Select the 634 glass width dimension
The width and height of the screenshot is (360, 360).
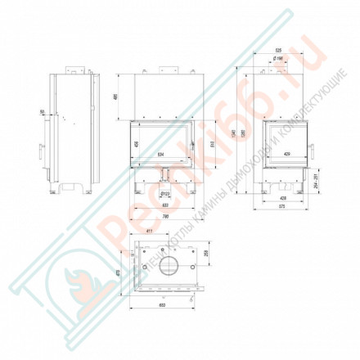(x=160, y=152)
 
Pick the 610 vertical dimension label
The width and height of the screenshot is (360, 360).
(x=214, y=145)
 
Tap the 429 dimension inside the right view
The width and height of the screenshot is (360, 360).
(x=286, y=153)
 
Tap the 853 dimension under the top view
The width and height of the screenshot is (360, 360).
(x=165, y=306)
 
